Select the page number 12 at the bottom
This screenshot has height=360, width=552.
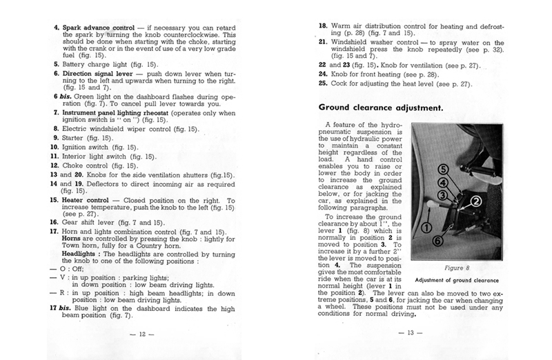pyautogui.click(x=147, y=335)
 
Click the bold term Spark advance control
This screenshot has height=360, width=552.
pyautogui.click(x=102, y=28)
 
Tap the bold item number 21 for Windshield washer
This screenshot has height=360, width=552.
pyautogui.click(x=322, y=43)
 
